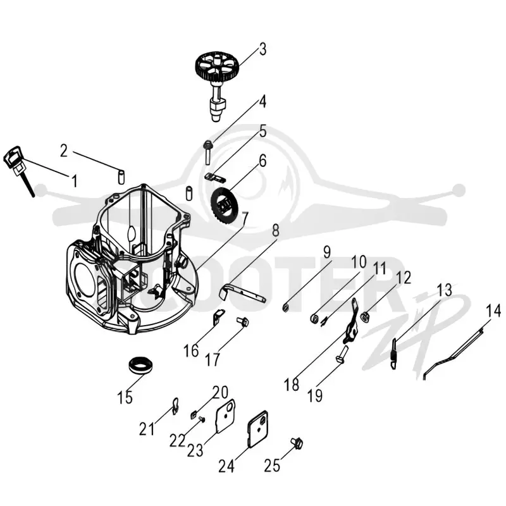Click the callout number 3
pyautogui.click(x=262, y=50)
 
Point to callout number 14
pyautogui.click(x=493, y=311)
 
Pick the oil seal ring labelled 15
pyautogui.click(x=141, y=366)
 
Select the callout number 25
pyautogui.click(x=273, y=465)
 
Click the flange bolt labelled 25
pyautogui.click(x=297, y=443)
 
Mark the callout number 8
pyautogui.click(x=275, y=231)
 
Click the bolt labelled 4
pyautogui.click(x=207, y=152)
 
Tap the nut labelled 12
pyautogui.click(x=366, y=317)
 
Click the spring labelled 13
pyautogui.click(x=394, y=354)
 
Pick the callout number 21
pyautogui.click(x=147, y=429)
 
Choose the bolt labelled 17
pyautogui.click(x=242, y=321)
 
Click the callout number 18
pyautogui.click(x=292, y=385)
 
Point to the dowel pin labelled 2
pyautogui.click(x=121, y=177)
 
